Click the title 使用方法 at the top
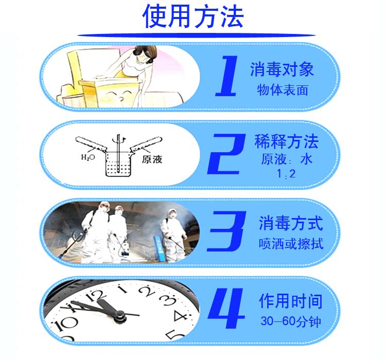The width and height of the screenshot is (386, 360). (193, 16)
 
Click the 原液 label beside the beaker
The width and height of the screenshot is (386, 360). (152, 159)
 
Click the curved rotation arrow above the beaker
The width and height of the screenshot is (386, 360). (122, 137)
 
